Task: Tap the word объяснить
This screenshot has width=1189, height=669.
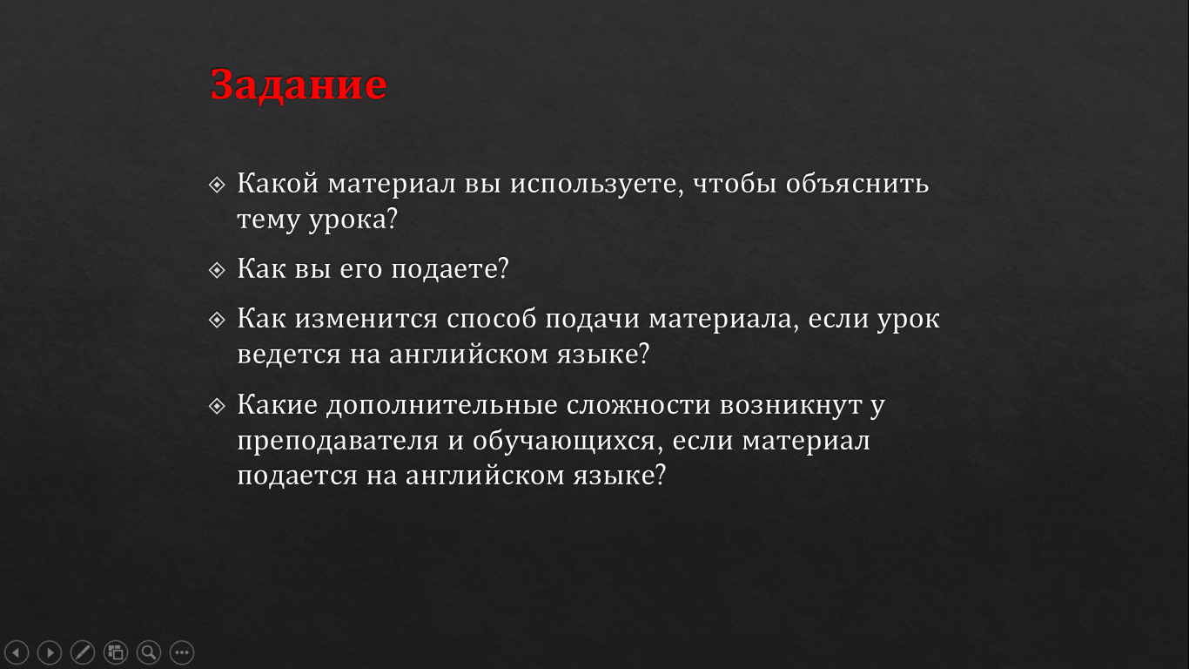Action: click(x=857, y=183)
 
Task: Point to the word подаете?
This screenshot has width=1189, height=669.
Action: click(x=450, y=269)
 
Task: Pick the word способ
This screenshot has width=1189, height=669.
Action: click(x=491, y=319)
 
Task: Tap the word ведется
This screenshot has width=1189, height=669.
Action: click(x=289, y=355)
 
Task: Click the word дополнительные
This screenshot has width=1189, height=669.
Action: click(x=441, y=406)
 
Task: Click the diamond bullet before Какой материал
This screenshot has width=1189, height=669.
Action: click(x=217, y=185)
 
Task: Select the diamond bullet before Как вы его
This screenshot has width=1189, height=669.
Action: click(x=217, y=270)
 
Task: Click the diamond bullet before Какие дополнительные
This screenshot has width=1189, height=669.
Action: click(x=217, y=407)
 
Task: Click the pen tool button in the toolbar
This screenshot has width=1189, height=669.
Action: click(x=83, y=652)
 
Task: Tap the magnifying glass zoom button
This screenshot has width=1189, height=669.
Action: click(x=149, y=652)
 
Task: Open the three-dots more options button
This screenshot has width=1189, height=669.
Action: click(x=182, y=652)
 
